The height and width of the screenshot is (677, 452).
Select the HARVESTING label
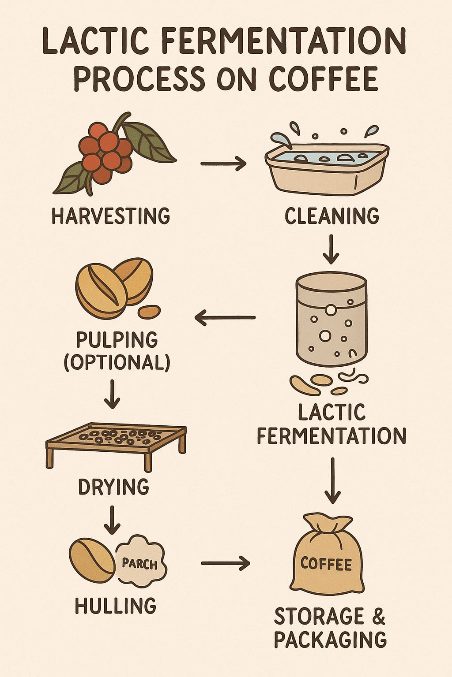click(110, 216)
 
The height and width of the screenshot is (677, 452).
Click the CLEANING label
click(332, 216)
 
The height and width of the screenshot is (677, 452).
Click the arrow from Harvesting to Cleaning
click(223, 164)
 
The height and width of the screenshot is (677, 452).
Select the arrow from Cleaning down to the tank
click(331, 249)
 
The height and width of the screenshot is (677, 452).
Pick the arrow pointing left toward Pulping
click(225, 317)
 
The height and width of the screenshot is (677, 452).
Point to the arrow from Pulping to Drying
click(112, 394)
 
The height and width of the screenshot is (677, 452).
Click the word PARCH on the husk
click(139, 562)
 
